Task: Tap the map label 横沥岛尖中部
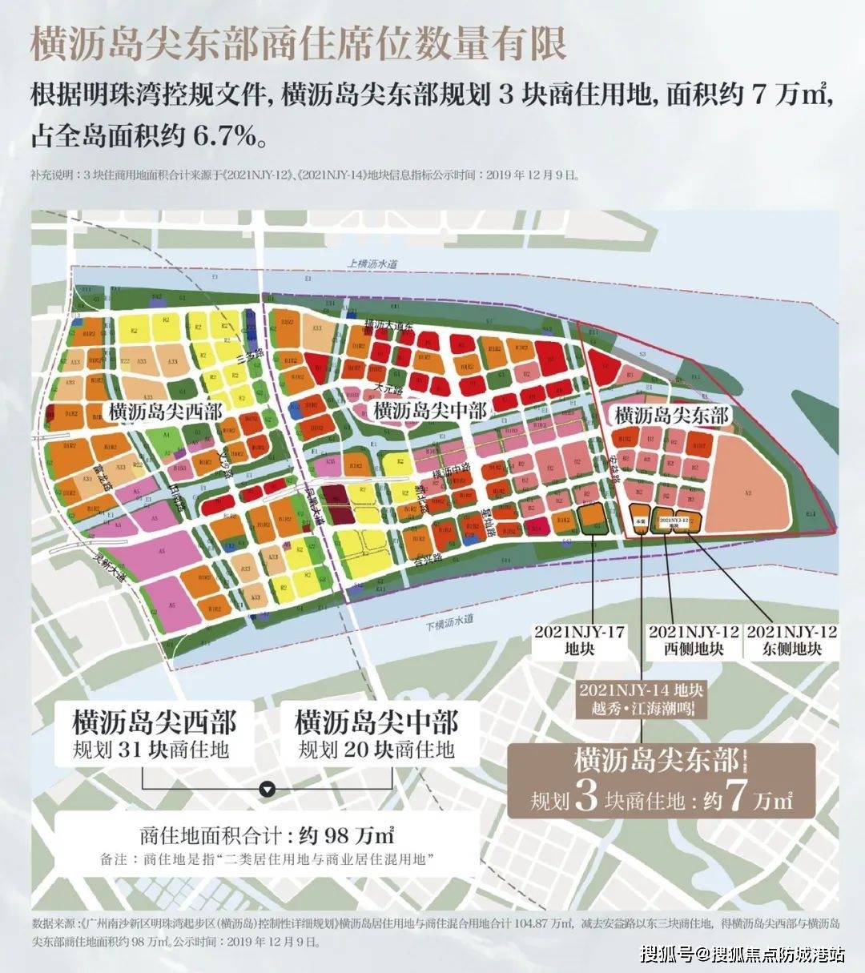tap(430, 411)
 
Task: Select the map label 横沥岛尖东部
tap(671, 415)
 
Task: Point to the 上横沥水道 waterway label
tap(372, 263)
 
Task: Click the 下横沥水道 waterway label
tap(449, 619)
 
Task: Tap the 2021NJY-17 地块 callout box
tap(579, 640)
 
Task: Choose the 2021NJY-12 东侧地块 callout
tap(791, 640)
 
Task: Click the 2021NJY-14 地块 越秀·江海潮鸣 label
tap(642, 699)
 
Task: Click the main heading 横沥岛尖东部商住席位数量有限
tap(298, 44)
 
